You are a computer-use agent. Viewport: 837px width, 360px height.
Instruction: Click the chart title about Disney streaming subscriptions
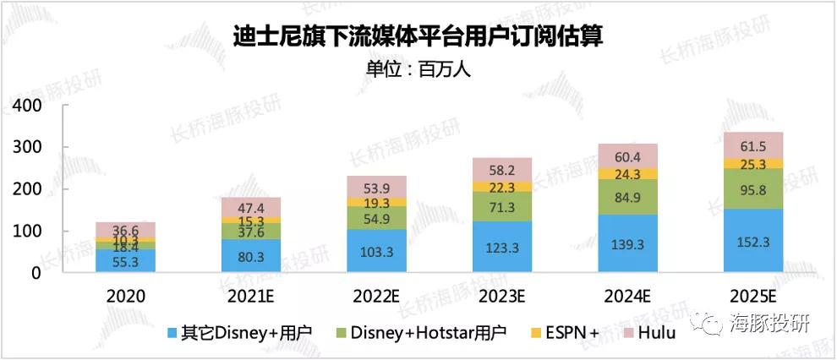pyautogui.click(x=418, y=36)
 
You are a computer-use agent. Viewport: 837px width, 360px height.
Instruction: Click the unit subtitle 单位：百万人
pyautogui.click(x=418, y=68)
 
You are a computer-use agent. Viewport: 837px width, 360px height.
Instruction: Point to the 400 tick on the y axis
pyautogui.click(x=28, y=106)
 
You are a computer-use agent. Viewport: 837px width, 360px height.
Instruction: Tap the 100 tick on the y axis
pyautogui.click(x=28, y=232)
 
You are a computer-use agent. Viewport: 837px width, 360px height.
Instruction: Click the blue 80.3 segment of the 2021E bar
pyautogui.click(x=250, y=256)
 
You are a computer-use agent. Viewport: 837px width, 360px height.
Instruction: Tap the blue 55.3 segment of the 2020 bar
pyautogui.click(x=125, y=261)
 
